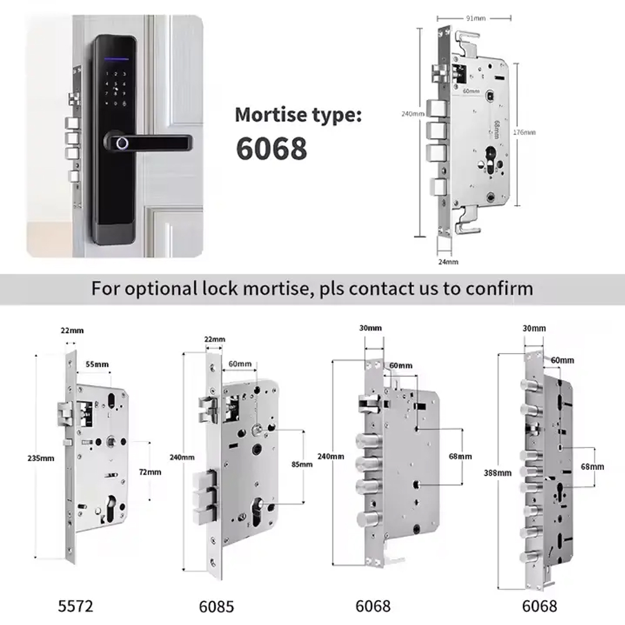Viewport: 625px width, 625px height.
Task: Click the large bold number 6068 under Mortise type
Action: pyautogui.click(x=272, y=149)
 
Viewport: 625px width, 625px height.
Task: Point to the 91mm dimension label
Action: pyautogui.click(x=471, y=18)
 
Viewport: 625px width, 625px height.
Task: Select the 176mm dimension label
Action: pyautogui.click(x=524, y=133)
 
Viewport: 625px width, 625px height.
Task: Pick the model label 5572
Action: pyautogui.click(x=76, y=605)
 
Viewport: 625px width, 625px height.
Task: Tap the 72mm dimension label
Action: pyautogui.click(x=149, y=472)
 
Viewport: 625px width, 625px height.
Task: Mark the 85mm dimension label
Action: pyautogui.click(x=302, y=464)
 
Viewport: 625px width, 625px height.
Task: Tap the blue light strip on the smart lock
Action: pyautogui.click(x=114, y=60)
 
